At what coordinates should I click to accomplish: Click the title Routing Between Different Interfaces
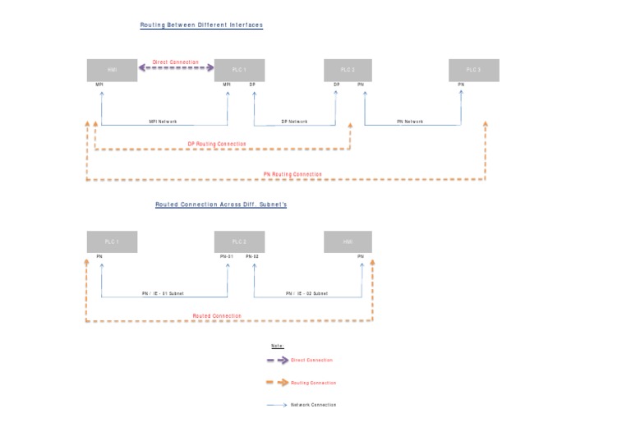coord(201,25)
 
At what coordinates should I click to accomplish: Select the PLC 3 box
coord(473,71)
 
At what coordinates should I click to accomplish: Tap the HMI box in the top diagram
coord(112,71)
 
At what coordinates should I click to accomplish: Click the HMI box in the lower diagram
coord(347,242)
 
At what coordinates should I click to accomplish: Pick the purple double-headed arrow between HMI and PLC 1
coord(175,69)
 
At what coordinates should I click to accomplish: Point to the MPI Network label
coord(163,122)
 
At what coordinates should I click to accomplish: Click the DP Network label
coord(294,122)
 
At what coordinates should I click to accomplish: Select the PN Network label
coord(410,122)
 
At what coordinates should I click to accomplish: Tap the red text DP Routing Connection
coord(217,144)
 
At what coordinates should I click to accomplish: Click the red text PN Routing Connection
coord(292,174)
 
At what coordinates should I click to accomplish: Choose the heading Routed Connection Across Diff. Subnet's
coord(221,205)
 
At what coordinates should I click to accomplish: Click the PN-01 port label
coord(227,257)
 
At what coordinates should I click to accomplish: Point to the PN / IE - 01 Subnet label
coord(163,293)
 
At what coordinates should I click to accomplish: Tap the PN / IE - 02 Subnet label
coord(306,293)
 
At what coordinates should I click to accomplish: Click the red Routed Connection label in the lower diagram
coord(217,316)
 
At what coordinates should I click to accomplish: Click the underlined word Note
coord(277,347)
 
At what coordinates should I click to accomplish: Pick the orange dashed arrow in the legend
coord(277,383)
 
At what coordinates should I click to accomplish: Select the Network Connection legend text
coord(313,405)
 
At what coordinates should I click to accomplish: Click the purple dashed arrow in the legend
coord(277,361)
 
